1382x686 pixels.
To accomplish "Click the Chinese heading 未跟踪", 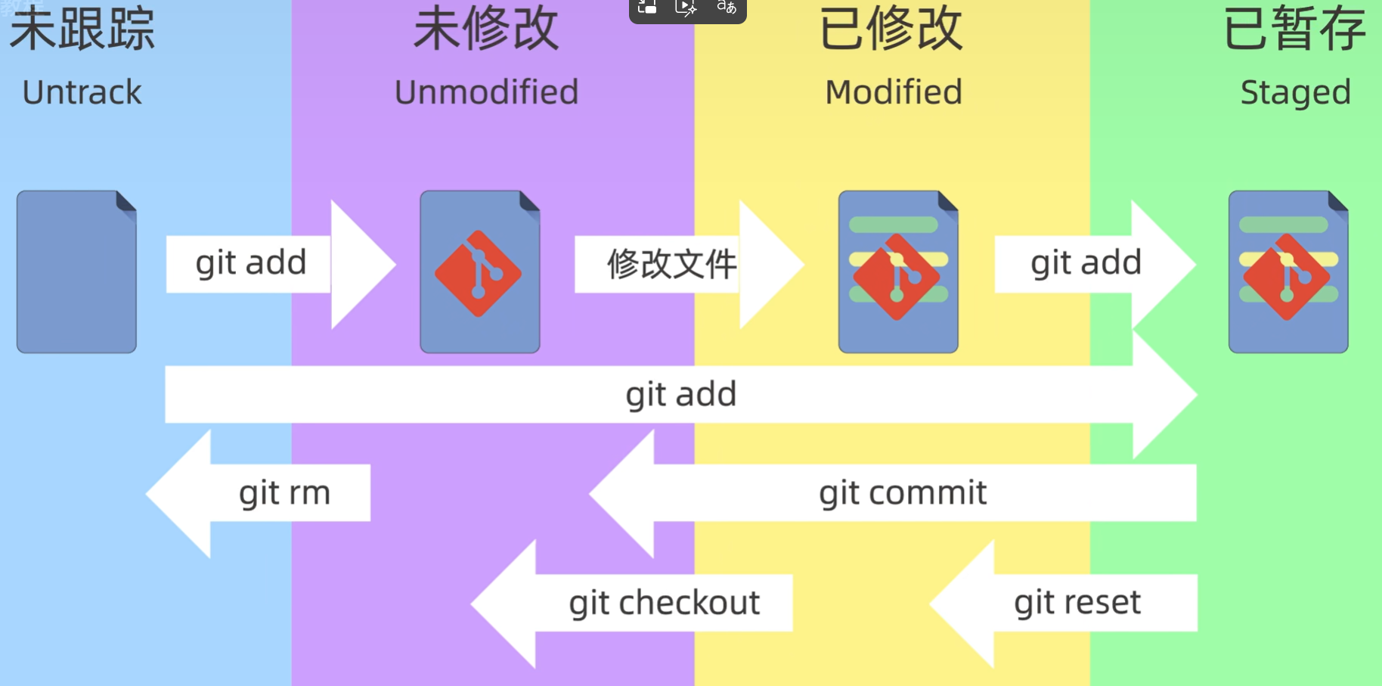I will click(x=82, y=29).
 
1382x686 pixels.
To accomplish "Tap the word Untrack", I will click(x=82, y=92).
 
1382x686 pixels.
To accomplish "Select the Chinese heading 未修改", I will click(x=485, y=29).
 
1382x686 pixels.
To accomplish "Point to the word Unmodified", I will click(x=486, y=92).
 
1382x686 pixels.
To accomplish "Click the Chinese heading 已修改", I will click(x=891, y=29).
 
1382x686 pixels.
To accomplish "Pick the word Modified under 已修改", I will click(x=893, y=92).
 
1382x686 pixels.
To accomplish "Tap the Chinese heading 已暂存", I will click(x=1294, y=29).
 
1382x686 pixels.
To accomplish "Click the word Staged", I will click(x=1295, y=92).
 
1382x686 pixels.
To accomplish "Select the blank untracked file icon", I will click(x=76, y=272).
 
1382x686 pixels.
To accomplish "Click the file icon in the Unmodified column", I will click(x=480, y=272).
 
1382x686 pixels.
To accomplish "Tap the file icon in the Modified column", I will click(x=898, y=272).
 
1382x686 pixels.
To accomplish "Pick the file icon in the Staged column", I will click(x=1288, y=272).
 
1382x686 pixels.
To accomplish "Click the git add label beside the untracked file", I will click(x=251, y=263).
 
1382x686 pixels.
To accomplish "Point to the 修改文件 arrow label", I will click(x=671, y=264).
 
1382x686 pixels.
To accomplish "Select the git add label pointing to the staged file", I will click(x=1086, y=263).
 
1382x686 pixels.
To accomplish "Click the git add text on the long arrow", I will click(x=680, y=394).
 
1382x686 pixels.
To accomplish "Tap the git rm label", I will click(x=284, y=493).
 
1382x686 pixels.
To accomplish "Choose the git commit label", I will click(x=903, y=493).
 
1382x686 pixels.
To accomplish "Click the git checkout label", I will click(x=664, y=603).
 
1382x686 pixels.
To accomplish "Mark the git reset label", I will click(x=1077, y=603).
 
